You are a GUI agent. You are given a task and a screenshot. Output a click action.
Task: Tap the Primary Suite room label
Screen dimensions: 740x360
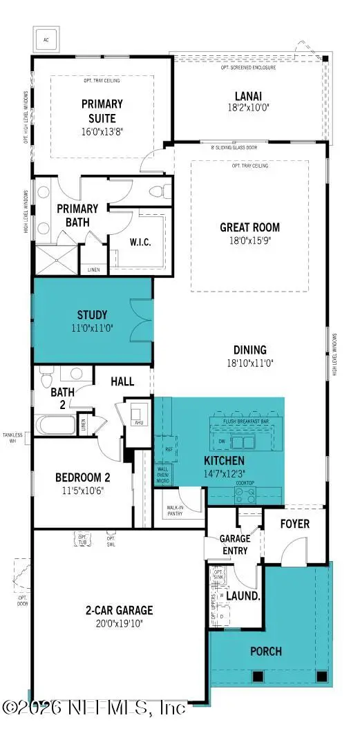click(102, 110)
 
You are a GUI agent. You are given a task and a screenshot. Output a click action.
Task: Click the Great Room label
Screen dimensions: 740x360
click(249, 227)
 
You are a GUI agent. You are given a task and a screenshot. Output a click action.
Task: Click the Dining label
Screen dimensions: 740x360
click(249, 350)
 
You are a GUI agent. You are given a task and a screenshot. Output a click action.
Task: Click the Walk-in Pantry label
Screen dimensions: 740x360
click(174, 511)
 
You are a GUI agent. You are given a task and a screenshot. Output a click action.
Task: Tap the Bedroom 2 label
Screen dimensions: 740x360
click(83, 477)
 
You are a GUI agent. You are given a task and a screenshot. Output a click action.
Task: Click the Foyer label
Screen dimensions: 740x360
click(294, 524)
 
